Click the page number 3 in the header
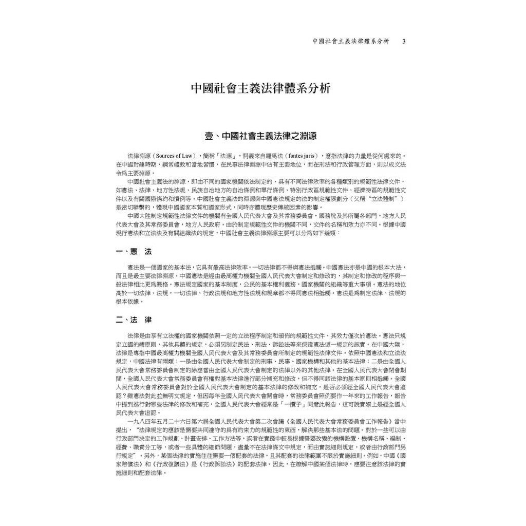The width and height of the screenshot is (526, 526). click(x=404, y=41)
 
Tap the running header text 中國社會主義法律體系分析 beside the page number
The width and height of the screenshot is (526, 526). click(x=350, y=41)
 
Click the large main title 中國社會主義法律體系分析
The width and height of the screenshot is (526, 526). click(x=261, y=88)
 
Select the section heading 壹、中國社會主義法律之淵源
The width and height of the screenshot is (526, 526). click(x=261, y=137)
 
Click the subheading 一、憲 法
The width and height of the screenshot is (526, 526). click(x=134, y=252)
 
